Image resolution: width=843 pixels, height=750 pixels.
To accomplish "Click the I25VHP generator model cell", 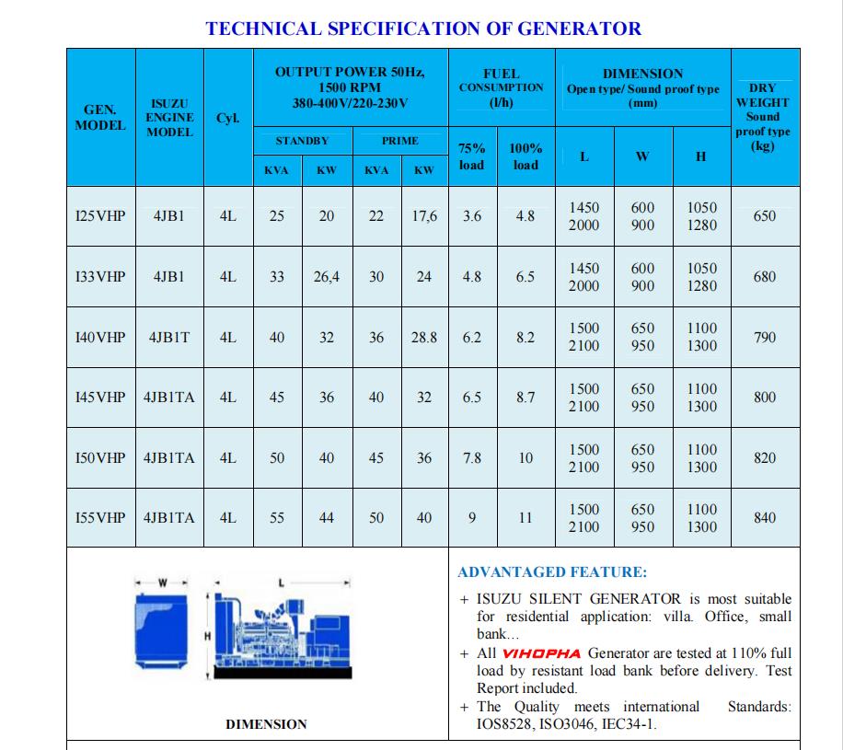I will coord(100,216).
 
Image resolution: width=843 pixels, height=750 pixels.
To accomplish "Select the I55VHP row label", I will coord(100,518).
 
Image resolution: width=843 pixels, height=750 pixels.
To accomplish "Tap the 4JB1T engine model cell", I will coord(169,338).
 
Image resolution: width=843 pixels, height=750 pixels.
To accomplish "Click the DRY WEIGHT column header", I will coord(763,117).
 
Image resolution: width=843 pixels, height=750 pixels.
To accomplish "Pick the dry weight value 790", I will coord(765,338).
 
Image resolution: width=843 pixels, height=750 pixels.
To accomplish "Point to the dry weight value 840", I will coord(765,518).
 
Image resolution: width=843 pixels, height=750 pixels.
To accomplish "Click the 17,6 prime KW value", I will coord(424,216).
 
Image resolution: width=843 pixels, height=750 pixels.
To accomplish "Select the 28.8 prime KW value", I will coord(424,338).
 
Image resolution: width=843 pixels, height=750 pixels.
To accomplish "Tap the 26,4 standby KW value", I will coord(327,277).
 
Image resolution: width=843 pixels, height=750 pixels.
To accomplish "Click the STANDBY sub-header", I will coord(302,141).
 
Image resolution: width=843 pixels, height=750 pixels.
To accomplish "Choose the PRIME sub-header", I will coord(399,141).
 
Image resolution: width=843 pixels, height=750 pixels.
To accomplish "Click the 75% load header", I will coord(472,156).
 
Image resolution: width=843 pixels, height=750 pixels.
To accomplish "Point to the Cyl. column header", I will coord(227,118).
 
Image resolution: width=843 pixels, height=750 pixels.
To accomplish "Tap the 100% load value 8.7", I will coord(525,398).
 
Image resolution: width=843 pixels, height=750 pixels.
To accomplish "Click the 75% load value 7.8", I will coord(472,458).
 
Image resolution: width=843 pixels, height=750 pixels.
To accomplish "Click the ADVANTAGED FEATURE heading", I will coord(552,572).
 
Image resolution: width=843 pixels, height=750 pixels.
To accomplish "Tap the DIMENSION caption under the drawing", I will coord(266,724).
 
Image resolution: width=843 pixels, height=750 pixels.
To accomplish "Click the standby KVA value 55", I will coord(277,518).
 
